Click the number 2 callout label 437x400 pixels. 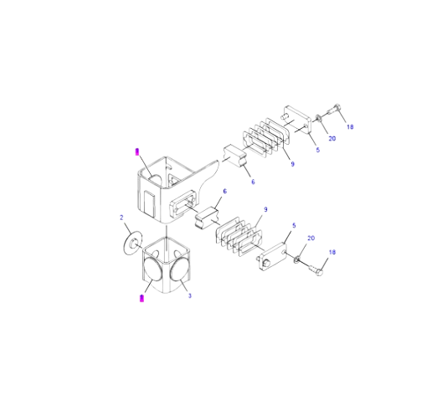(x=121, y=218)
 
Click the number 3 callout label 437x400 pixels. (x=190, y=295)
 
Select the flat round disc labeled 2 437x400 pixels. (x=132, y=243)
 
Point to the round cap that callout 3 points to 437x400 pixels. (x=180, y=269)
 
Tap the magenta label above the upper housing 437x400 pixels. (x=137, y=152)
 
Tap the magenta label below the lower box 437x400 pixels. (x=141, y=298)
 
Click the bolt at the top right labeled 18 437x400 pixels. (x=334, y=110)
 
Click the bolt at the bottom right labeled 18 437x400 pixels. (x=316, y=270)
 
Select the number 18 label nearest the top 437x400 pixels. (x=350, y=127)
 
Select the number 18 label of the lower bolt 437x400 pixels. (x=332, y=253)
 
